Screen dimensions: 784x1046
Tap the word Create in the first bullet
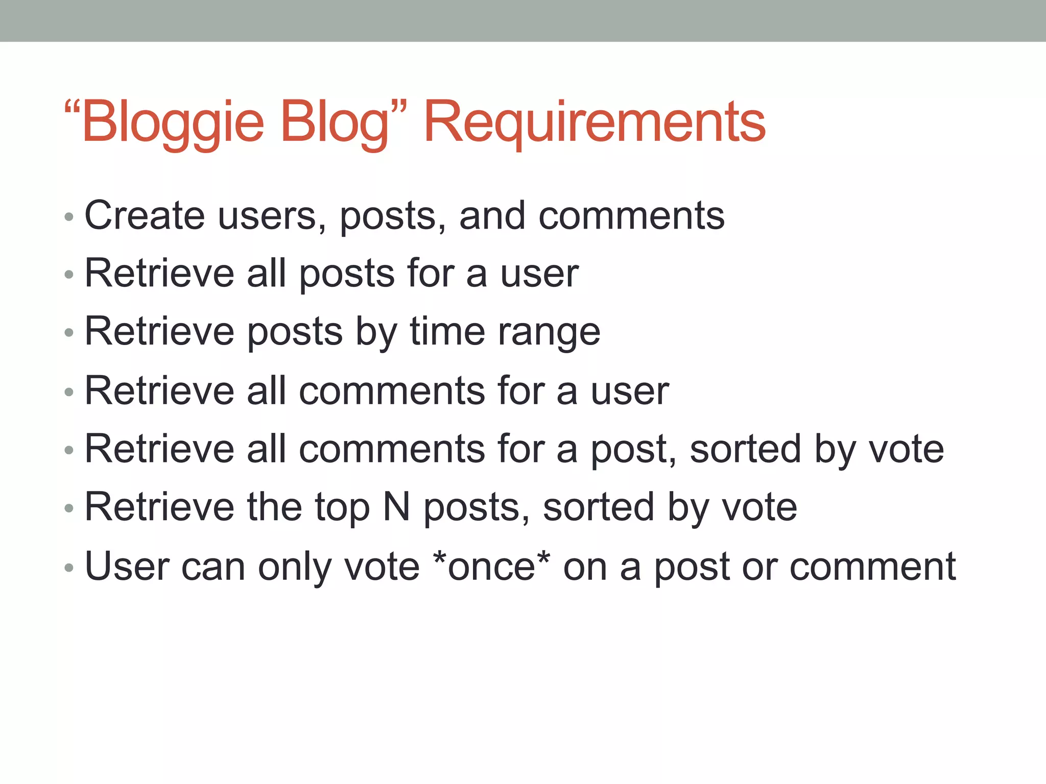[x=145, y=215]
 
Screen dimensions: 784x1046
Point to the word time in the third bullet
[x=447, y=332]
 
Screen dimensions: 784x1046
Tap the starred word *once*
[x=491, y=567]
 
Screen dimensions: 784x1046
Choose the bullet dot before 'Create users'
[x=69, y=217]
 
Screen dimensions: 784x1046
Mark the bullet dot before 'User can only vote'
[x=69, y=568]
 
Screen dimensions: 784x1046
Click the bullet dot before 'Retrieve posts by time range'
[x=69, y=333]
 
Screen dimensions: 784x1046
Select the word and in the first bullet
[x=492, y=215]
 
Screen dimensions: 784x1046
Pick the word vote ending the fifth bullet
[x=906, y=449]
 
